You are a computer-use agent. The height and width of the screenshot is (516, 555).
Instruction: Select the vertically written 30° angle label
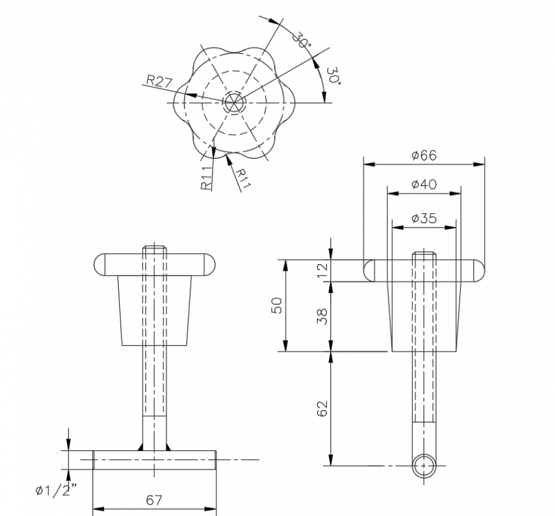click(333, 77)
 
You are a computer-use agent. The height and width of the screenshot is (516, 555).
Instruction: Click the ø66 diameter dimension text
click(424, 155)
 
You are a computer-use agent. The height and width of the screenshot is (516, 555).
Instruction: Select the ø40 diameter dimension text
click(424, 184)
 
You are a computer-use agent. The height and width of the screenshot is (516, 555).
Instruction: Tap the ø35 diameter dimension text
click(424, 218)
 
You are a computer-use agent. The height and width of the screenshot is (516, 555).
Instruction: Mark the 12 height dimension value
click(322, 270)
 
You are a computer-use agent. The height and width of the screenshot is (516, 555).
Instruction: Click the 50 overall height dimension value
click(276, 305)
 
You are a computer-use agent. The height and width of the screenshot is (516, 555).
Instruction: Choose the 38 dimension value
click(322, 315)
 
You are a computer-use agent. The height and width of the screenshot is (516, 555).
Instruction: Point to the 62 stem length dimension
click(322, 408)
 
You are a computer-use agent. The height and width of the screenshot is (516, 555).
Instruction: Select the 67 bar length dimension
click(154, 500)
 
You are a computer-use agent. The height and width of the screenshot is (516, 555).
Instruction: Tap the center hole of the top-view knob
click(233, 102)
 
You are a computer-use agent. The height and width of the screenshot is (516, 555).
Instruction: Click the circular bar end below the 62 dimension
click(423, 466)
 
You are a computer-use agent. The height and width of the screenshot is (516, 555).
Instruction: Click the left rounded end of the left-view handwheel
click(102, 264)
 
